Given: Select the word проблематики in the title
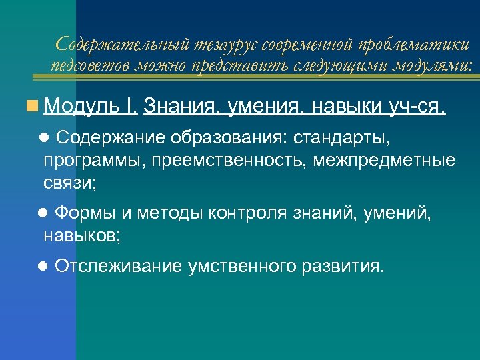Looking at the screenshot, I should (x=414, y=45).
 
